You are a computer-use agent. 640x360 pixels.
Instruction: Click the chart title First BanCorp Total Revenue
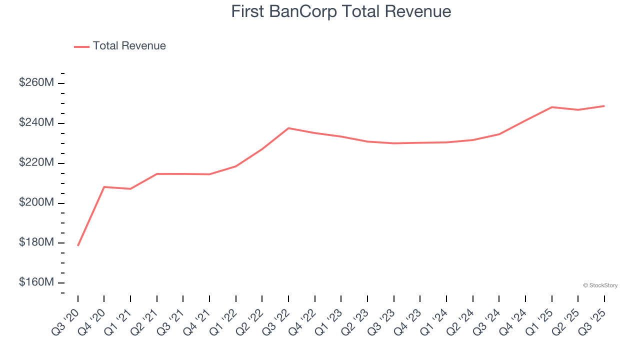pos(341,11)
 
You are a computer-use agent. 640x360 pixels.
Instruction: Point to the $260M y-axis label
pos(36,83)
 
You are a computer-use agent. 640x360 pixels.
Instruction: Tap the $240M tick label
pos(36,123)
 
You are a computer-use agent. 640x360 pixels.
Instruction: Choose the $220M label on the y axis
pos(36,163)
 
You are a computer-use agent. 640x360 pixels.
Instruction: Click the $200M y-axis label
pos(36,203)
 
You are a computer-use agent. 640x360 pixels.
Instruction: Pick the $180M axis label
pos(36,243)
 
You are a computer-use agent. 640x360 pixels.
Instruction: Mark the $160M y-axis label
pos(36,283)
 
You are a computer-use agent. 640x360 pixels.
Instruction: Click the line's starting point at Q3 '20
pos(78,245)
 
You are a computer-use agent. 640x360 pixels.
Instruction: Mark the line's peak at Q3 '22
pos(288,128)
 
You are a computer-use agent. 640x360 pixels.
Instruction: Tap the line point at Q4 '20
pos(104,187)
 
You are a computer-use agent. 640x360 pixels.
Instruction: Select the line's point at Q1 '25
pos(551,107)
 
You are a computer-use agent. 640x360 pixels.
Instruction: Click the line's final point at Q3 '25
pos(604,106)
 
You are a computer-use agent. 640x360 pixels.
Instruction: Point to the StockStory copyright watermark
pos(600,285)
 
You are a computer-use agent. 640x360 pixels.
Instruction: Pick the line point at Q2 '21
pos(157,174)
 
